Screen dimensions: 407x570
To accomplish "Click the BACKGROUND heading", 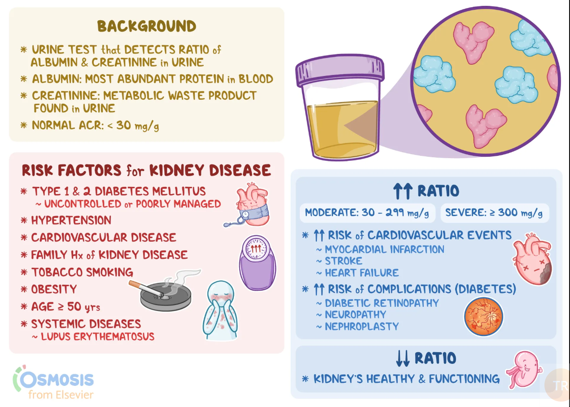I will pyautogui.click(x=147, y=26).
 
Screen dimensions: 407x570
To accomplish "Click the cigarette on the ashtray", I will pyautogui.click(x=146, y=289).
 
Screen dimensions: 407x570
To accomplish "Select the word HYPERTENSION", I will pyautogui.click(x=71, y=221).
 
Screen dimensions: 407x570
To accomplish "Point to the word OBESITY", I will pyautogui.click(x=54, y=289).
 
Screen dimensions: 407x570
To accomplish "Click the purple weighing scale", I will pyautogui.click(x=257, y=263).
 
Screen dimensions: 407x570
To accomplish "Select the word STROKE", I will pyautogui.click(x=343, y=261).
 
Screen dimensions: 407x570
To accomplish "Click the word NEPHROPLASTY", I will pyautogui.click(x=361, y=327).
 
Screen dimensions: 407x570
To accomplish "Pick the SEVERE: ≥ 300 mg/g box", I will pyautogui.click(x=495, y=213).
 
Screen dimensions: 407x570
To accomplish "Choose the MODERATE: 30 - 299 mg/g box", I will pyautogui.click(x=367, y=213).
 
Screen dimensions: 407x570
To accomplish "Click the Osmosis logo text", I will pyautogui.click(x=56, y=380).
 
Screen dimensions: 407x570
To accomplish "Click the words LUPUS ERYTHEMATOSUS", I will pyautogui.click(x=97, y=336).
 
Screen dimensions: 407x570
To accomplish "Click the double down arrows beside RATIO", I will pyautogui.click(x=403, y=358).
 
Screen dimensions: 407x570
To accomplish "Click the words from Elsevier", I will pyautogui.click(x=61, y=395).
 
